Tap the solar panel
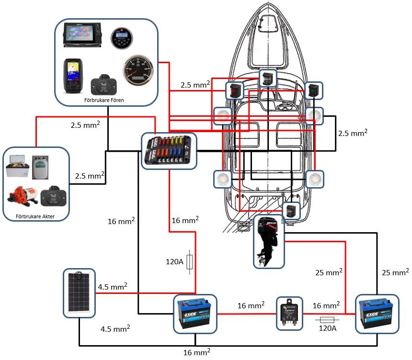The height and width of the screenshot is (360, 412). click(x=80, y=293)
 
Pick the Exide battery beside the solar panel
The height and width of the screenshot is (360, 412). click(x=195, y=314)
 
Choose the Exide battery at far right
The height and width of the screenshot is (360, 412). click(x=376, y=314)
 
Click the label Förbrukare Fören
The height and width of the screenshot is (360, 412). click(x=104, y=100)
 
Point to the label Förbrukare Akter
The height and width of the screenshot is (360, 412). click(x=35, y=216)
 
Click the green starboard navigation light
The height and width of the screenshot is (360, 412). click(x=314, y=90)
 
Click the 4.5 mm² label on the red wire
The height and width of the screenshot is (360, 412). click(x=113, y=287)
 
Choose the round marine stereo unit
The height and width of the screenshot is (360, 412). click(x=120, y=38)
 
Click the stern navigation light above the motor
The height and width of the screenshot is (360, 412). click(x=291, y=211)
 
